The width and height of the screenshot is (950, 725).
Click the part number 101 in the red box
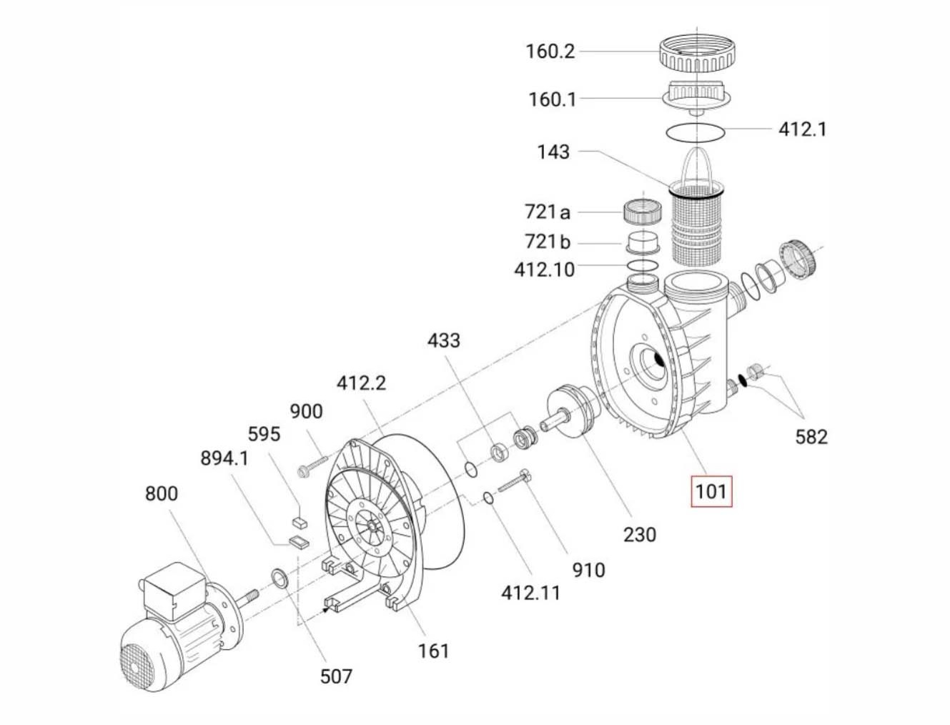point(711,492)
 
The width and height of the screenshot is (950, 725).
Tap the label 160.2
point(550,51)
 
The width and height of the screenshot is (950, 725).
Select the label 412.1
point(803,129)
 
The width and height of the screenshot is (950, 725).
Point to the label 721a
point(548,212)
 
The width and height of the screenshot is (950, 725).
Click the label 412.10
point(545,270)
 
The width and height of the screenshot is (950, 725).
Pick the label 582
point(811,437)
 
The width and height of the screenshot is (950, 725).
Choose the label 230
point(640,535)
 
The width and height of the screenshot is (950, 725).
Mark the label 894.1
point(224,458)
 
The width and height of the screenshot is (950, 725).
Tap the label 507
point(336,676)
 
